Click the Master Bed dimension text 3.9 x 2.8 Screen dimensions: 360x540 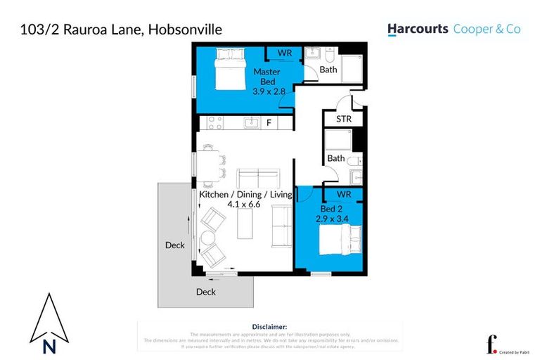pyautogui.click(x=266, y=91)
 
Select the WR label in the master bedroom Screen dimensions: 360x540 pyautogui.click(x=285, y=53)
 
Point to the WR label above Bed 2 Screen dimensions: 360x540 pyautogui.click(x=343, y=193)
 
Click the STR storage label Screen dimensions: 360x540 pyautogui.click(x=344, y=119)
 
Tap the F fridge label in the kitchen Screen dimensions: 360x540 pyautogui.click(x=269, y=123)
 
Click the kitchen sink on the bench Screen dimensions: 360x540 pyautogui.click(x=251, y=123)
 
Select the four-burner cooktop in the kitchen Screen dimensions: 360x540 pyautogui.click(x=212, y=123)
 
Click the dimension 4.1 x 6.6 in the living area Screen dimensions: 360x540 pyautogui.click(x=244, y=205)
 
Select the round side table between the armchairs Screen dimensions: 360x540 pyautogui.click(x=207, y=237)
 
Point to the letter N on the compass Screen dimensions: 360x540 pyautogui.click(x=49, y=345)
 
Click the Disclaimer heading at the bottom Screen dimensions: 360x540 pyautogui.click(x=269, y=327)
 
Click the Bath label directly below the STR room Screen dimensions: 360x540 pyautogui.click(x=336, y=158)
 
